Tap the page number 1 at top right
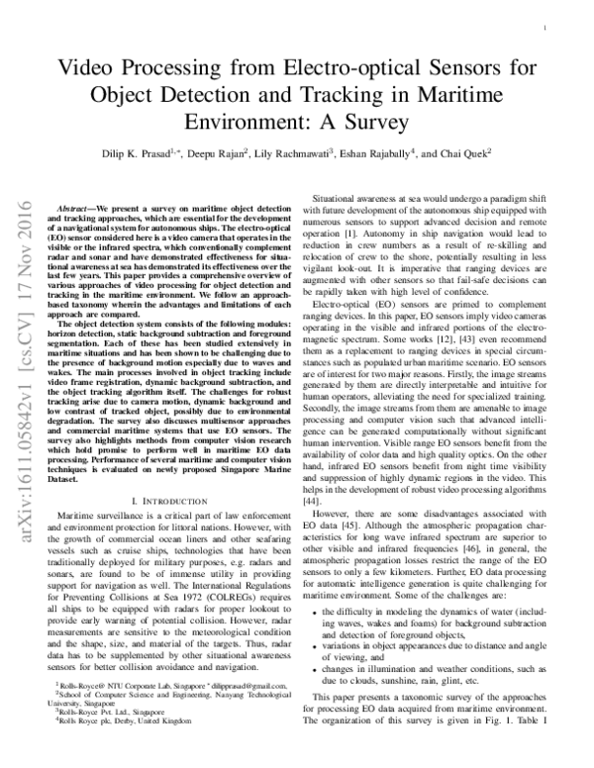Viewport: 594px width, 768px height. tap(546, 31)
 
